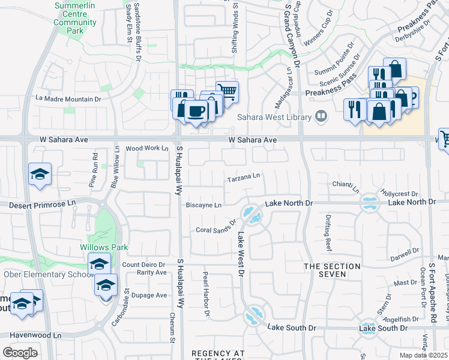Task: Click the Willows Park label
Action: point(100,247)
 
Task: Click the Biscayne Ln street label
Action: point(204,205)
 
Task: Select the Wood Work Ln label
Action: point(147,148)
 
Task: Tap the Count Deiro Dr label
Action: point(143,265)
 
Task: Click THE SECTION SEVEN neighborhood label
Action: point(332,270)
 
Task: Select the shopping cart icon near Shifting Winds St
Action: point(227,91)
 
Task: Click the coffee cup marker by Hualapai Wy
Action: point(196,110)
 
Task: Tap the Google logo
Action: point(19,353)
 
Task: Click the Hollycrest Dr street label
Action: point(399,194)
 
